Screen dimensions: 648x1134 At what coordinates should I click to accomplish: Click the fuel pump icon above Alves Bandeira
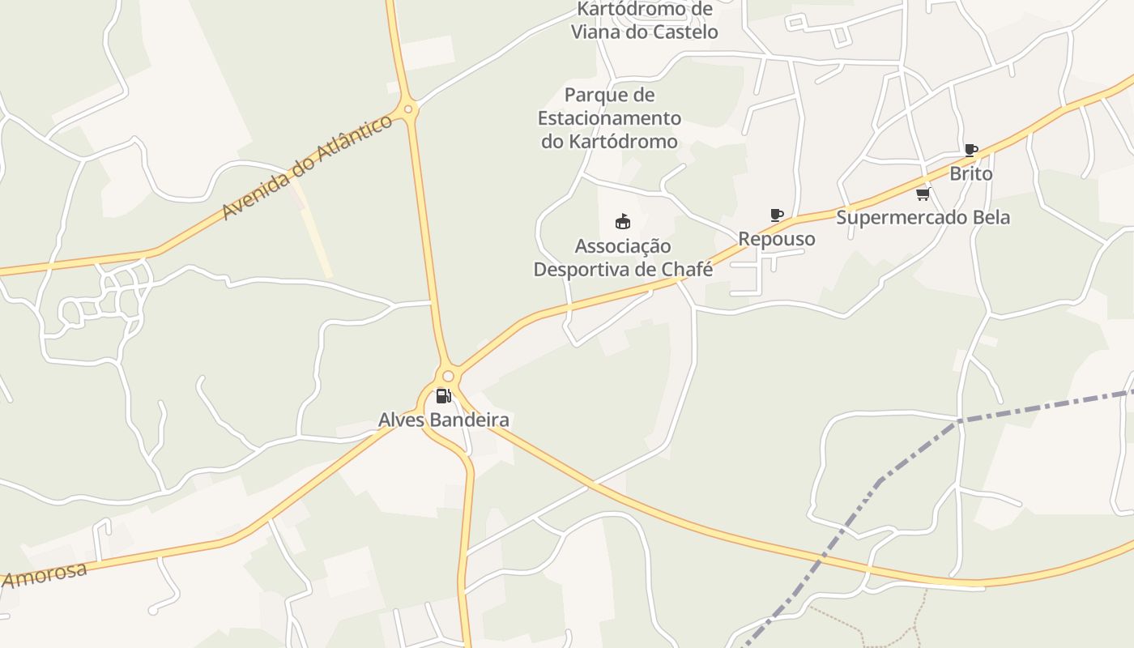(x=443, y=396)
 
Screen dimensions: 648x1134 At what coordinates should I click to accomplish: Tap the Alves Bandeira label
(x=444, y=420)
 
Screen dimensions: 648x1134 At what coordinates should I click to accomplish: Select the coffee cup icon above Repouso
(x=777, y=215)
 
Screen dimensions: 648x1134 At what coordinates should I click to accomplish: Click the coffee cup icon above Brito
(x=970, y=150)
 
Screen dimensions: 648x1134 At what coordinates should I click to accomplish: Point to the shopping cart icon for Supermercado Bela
(x=923, y=194)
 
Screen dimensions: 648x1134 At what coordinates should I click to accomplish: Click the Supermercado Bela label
(x=923, y=217)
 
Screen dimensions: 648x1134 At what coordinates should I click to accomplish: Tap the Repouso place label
(x=776, y=239)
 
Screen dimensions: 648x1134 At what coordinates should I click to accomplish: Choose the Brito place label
(x=970, y=173)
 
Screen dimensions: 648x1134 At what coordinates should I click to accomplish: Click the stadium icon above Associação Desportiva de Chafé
(x=622, y=221)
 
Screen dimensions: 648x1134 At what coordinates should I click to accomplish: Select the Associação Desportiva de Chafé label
(x=623, y=258)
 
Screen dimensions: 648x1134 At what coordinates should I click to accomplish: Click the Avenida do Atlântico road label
(x=307, y=168)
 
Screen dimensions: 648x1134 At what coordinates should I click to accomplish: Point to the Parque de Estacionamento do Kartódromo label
(x=609, y=118)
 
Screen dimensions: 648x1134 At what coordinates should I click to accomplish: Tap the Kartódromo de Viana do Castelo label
(x=645, y=21)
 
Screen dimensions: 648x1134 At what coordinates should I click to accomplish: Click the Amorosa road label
(x=45, y=575)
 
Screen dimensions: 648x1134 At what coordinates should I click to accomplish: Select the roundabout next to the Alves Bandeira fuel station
(x=448, y=376)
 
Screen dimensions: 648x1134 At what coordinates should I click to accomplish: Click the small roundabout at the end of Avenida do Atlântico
(x=408, y=109)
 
